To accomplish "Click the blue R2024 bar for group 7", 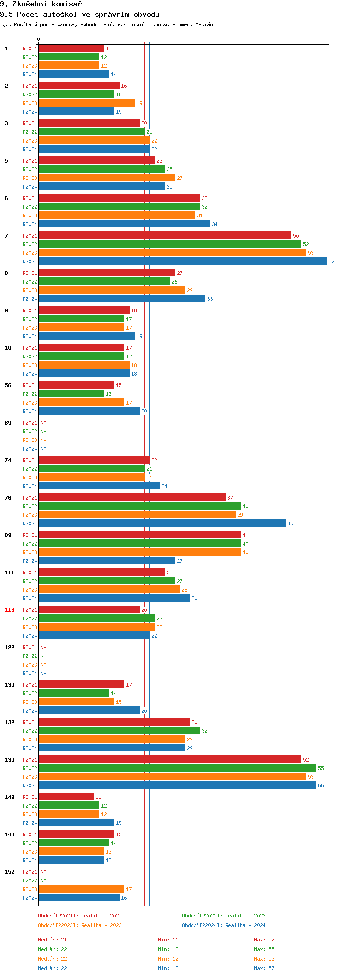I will pyautogui.click(x=182, y=262).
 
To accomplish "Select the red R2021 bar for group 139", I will pyautogui.click(x=170, y=760).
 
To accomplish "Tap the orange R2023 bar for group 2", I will pyautogui.click(x=86, y=103).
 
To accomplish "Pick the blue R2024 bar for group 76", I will pyautogui.click(x=162, y=524).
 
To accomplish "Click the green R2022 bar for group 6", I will pyautogui.click(x=119, y=207).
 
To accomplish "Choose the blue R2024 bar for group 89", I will pyautogui.click(x=107, y=561).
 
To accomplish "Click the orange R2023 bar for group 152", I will pyautogui.click(x=82, y=889).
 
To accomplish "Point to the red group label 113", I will pyautogui.click(x=10, y=610).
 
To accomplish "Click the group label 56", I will pyautogui.click(x=8, y=385).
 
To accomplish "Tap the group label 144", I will pyautogui.click(x=10, y=834).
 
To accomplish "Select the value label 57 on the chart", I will pyautogui.click(x=331, y=262).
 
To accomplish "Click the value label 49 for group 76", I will pyautogui.click(x=290, y=524).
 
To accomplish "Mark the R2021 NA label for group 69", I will pyautogui.click(x=43, y=423).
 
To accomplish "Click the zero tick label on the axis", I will pyautogui.click(x=39, y=39).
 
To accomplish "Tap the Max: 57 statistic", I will pyautogui.click(x=264, y=968).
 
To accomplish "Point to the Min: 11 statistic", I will pyautogui.click(x=168, y=940).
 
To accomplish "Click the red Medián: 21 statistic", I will pyautogui.click(x=52, y=940).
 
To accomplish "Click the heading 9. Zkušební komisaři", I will pyautogui.click(x=43, y=4).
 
